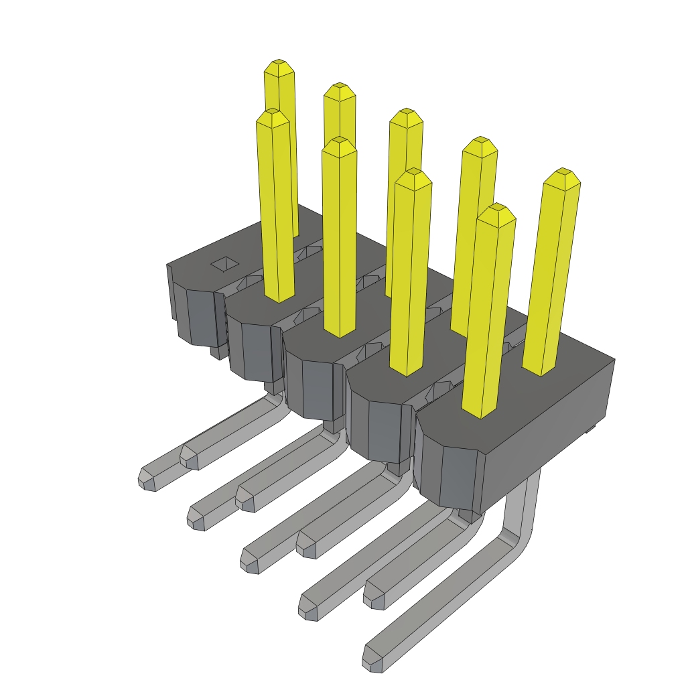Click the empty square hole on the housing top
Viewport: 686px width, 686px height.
(x=225, y=264)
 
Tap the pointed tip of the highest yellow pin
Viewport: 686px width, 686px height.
(x=279, y=66)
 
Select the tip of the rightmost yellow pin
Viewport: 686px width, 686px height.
(x=562, y=178)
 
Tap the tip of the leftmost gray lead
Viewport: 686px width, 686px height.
(x=147, y=478)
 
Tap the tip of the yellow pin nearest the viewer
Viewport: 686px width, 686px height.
(x=498, y=214)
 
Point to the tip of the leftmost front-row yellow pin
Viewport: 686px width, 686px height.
(x=273, y=118)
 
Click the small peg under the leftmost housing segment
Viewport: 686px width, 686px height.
(x=218, y=352)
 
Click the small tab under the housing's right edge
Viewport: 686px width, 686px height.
(x=590, y=427)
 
